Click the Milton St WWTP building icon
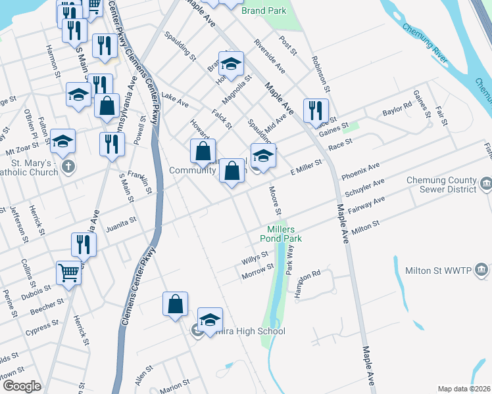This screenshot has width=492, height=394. [x=481, y=270]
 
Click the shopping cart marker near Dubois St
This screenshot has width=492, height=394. [x=68, y=272]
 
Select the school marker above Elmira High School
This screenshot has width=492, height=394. [x=210, y=320]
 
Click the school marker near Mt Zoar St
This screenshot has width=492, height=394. [x=63, y=141]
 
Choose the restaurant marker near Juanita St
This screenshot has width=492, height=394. [x=84, y=244]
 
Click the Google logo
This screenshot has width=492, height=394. [x=22, y=386]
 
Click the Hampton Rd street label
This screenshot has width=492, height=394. [x=307, y=283]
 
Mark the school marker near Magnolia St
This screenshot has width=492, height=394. [x=232, y=64]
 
